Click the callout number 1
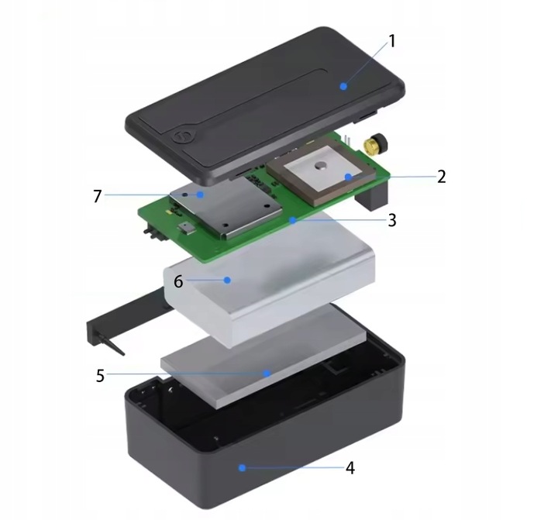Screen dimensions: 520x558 (391, 40)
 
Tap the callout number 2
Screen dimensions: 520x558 (441, 177)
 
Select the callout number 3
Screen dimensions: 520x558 (392, 220)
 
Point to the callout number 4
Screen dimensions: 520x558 (350, 468)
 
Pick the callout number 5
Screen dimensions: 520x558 (100, 375)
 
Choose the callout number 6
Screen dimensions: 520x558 (178, 281)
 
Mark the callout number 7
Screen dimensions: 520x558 (97, 196)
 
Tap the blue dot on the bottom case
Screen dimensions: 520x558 (243, 467)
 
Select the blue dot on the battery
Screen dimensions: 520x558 (227, 280)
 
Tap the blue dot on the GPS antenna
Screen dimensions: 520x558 (349, 177)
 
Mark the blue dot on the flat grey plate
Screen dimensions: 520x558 (267, 373)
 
